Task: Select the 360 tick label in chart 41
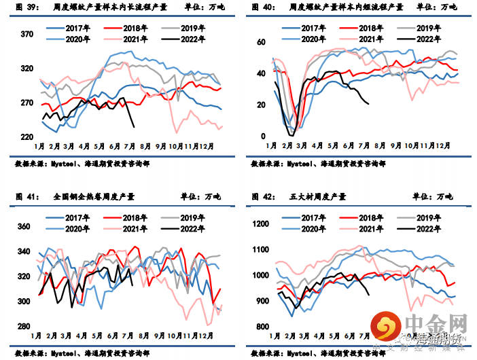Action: tap(24, 226)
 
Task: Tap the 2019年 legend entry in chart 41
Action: tap(192, 217)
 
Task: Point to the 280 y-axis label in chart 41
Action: tap(24, 327)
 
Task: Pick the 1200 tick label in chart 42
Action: tap(260, 224)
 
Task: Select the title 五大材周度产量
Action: tap(317, 196)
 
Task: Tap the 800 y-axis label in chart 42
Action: tap(262, 327)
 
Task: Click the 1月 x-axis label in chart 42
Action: tap(274, 336)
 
